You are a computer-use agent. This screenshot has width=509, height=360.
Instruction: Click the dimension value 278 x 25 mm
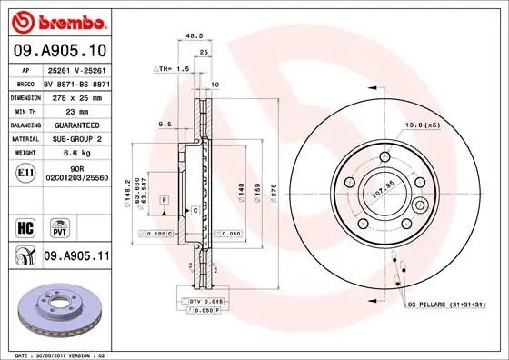tap(76, 95)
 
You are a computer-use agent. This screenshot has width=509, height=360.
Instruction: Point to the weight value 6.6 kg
tap(76, 155)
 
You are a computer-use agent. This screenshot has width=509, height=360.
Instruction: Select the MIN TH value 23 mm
tap(76, 110)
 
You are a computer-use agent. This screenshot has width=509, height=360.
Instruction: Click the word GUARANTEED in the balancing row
tap(76, 125)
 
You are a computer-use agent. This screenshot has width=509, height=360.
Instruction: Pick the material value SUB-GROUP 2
tap(76, 140)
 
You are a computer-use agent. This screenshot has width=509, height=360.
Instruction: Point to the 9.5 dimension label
tap(165, 124)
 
